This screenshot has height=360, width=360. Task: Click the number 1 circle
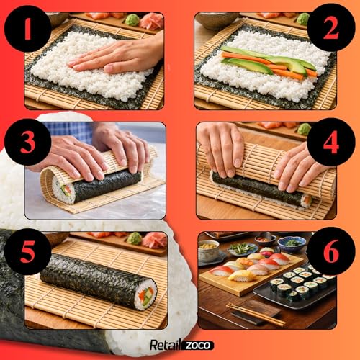click(27, 28)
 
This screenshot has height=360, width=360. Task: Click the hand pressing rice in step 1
click(119, 55)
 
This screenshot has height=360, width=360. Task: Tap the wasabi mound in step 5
click(133, 238)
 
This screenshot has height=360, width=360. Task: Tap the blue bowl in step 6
click(292, 243)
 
